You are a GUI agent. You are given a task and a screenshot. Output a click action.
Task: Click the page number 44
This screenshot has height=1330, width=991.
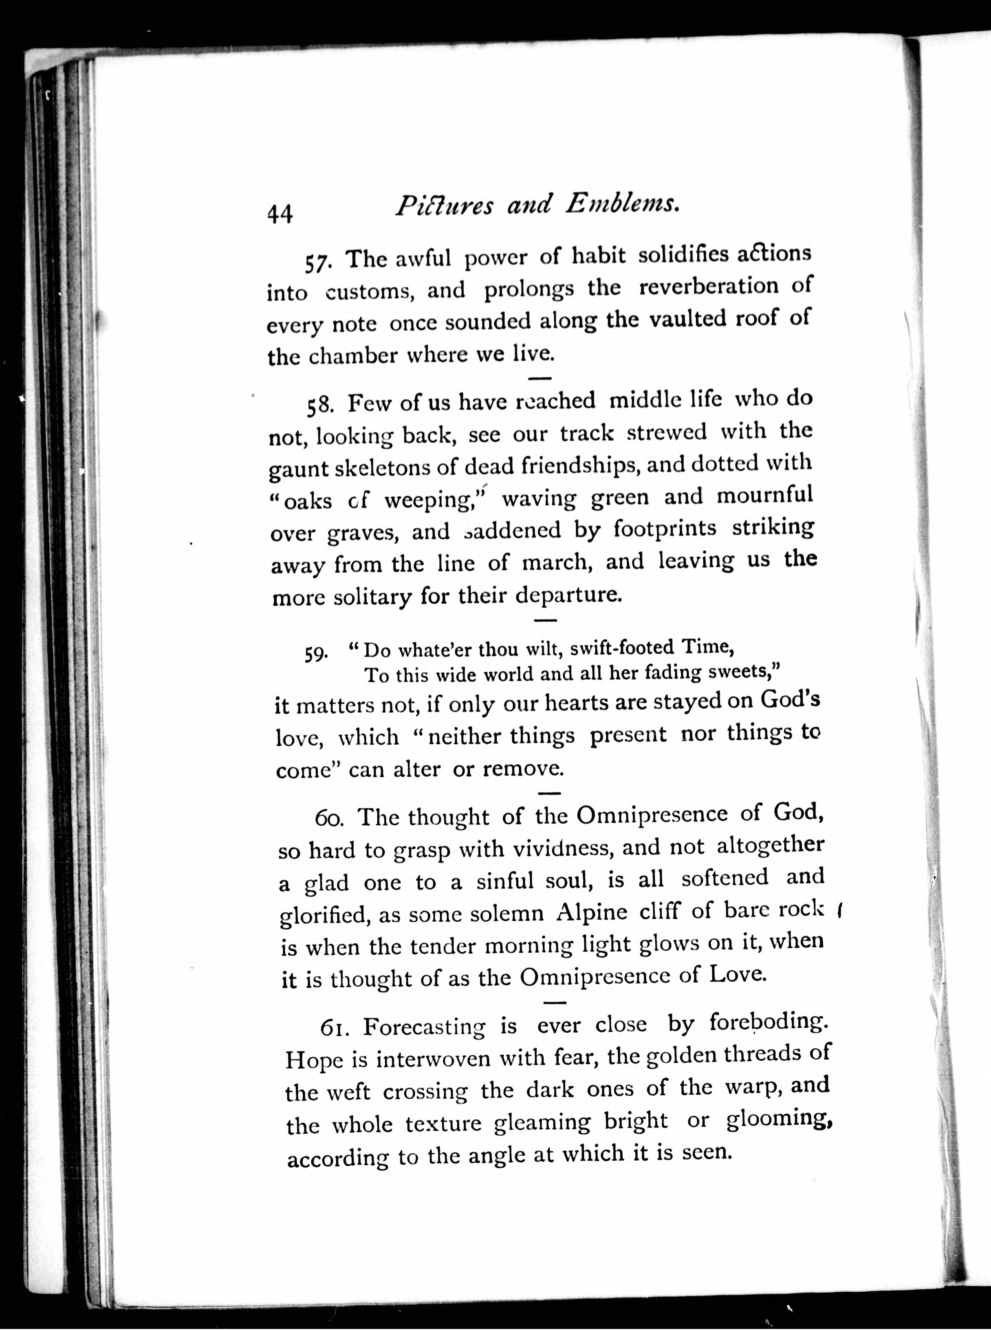click(x=280, y=213)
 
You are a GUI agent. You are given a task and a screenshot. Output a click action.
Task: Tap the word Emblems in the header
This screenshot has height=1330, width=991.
click(x=623, y=205)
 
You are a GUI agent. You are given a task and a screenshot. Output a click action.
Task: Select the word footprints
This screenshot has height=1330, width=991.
click(x=665, y=528)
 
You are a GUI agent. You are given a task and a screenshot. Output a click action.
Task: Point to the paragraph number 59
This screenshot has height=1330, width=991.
click(x=315, y=653)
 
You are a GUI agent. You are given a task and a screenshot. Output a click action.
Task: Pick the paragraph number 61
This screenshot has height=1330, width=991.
click(x=334, y=1027)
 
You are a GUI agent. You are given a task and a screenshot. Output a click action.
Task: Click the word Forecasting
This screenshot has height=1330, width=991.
click(x=424, y=1027)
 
